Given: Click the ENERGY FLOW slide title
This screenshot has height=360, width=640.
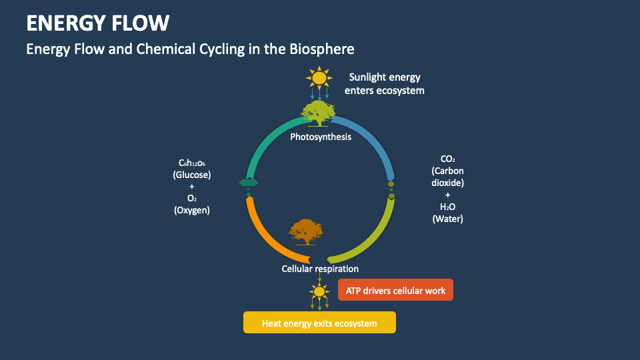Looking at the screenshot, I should click(x=97, y=23).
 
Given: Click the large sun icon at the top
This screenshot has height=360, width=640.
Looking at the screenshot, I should click(x=319, y=78).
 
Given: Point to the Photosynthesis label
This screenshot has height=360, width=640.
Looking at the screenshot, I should click(x=320, y=137).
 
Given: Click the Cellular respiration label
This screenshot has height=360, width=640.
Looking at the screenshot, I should click(x=320, y=269).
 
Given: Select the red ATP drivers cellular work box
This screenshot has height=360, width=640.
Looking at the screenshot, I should click(x=396, y=290).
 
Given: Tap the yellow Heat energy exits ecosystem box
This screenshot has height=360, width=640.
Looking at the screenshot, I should click(x=319, y=323).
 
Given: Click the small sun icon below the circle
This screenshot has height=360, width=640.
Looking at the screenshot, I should click(x=319, y=292).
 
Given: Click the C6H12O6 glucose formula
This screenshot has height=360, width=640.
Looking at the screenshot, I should click(x=192, y=163).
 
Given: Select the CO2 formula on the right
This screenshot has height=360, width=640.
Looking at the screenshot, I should click(x=447, y=159).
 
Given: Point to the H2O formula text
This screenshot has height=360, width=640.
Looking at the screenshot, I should click(x=447, y=207).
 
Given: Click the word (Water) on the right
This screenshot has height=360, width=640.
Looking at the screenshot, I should click(x=447, y=219).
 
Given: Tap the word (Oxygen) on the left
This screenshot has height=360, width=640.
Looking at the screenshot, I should click(x=192, y=210).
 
